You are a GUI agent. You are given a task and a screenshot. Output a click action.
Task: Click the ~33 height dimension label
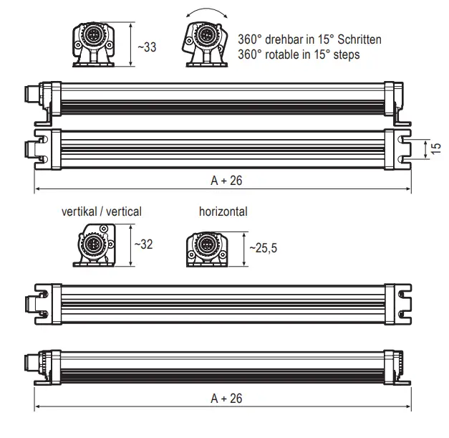(x=147, y=47)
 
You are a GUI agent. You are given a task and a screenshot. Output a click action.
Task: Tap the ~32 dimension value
(x=143, y=244)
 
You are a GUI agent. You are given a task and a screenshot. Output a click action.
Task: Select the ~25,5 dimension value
(x=262, y=248)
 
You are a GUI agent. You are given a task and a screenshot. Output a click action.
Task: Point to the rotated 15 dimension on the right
(x=436, y=148)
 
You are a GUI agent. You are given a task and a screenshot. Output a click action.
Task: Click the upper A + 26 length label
(x=226, y=181)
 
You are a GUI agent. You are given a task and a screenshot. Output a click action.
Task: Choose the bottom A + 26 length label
(x=226, y=399)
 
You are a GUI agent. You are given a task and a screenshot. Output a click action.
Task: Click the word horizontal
(x=223, y=211)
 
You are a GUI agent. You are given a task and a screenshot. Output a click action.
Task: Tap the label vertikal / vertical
(x=102, y=211)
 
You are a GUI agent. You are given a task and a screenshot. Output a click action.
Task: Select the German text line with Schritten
(x=309, y=40)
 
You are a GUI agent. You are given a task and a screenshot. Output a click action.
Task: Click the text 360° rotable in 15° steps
(x=299, y=54)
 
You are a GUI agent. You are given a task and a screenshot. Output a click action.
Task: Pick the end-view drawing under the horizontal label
(x=207, y=249)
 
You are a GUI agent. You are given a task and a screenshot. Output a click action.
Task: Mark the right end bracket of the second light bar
(x=398, y=148)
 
